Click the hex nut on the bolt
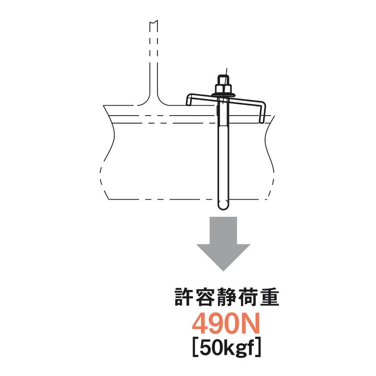tap(223, 88)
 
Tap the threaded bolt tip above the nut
tap(223, 78)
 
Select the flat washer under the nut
tap(223, 96)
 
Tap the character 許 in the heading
tap(183, 298)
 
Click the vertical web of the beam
tap(154, 61)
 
